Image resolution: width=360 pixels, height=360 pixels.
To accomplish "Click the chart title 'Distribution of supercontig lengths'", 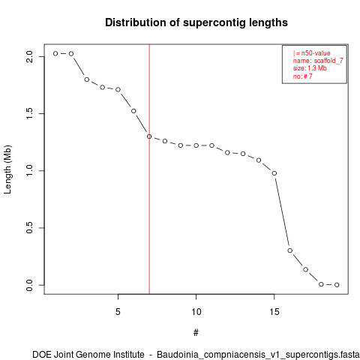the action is [x=196, y=22].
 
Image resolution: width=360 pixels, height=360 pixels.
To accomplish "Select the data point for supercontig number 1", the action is [x=55, y=53].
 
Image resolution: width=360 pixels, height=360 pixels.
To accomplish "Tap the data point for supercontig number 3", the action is [x=87, y=79].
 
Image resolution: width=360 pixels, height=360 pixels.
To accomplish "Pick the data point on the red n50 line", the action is [x=149, y=136].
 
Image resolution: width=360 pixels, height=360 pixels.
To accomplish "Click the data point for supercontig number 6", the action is [x=133, y=111].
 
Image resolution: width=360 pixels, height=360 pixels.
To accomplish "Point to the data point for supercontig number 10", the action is [x=196, y=145].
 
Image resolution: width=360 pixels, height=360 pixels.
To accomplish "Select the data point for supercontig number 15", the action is [x=274, y=173].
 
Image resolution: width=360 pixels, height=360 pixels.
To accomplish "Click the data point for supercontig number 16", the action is [x=290, y=250].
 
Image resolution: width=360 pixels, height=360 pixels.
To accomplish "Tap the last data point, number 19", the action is [x=337, y=285].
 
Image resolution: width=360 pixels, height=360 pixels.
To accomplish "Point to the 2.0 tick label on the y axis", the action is [x=29, y=56].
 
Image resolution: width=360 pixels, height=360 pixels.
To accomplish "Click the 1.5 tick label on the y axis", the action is [x=29, y=113].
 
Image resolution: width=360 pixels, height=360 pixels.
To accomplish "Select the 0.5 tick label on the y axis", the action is [x=29, y=228].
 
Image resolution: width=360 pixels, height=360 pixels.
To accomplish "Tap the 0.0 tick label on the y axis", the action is [x=29, y=285].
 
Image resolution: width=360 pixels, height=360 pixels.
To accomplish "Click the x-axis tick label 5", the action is [x=118, y=312].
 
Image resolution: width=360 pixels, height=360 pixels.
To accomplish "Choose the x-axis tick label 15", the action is [x=274, y=312].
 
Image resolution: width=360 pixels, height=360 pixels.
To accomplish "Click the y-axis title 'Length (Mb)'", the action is [x=7, y=169].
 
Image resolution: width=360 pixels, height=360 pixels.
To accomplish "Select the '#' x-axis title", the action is [x=196, y=333].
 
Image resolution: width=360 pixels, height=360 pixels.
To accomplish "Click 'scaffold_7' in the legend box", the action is [x=328, y=61].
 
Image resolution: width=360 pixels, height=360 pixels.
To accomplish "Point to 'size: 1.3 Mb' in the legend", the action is [x=310, y=68].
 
